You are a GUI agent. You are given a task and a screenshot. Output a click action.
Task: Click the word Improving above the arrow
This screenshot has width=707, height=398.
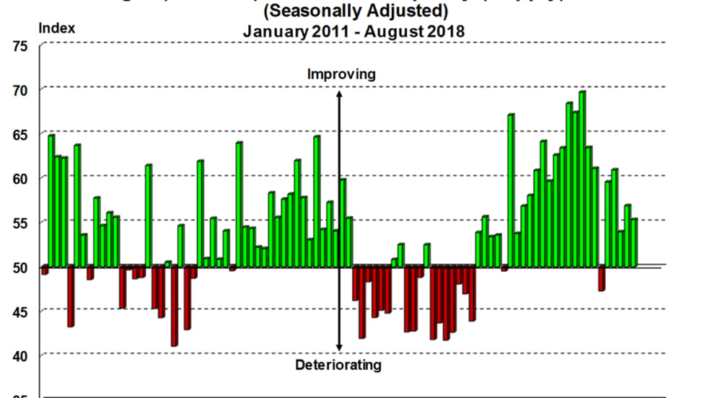pyautogui.click(x=341, y=74)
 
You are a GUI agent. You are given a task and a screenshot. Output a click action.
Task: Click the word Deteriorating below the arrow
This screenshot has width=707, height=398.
pyautogui.click(x=338, y=365)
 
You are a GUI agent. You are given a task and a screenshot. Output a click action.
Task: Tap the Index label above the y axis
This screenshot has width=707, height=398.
pyautogui.click(x=56, y=29)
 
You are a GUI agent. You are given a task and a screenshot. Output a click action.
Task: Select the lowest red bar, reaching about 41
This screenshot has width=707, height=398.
pyautogui.click(x=174, y=306)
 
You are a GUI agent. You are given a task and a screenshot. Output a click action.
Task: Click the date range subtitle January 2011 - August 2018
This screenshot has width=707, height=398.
pyautogui.click(x=353, y=32)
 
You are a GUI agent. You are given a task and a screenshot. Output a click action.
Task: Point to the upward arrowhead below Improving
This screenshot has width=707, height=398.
pyautogui.click(x=339, y=94)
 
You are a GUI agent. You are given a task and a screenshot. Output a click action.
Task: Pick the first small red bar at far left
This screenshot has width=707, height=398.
pyautogui.click(x=45, y=270)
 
